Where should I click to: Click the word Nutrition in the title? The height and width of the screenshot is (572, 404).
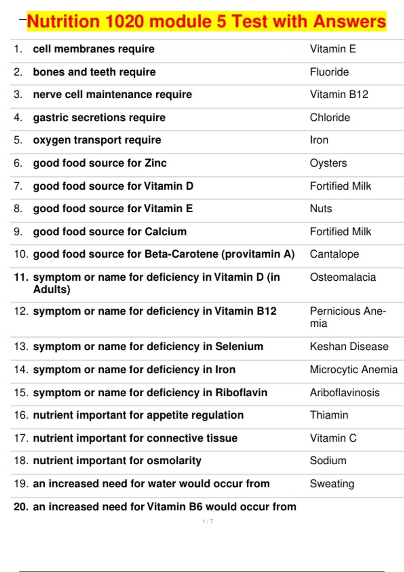point(64,22)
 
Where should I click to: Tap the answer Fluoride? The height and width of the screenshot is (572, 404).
point(329,72)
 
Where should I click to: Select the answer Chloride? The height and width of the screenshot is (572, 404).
point(330,117)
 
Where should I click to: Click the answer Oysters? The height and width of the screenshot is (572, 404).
point(328,163)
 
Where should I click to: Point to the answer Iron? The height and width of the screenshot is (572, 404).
point(319,140)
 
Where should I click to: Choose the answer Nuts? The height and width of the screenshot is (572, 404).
point(321,209)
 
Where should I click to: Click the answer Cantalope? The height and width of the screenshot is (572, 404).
point(334,254)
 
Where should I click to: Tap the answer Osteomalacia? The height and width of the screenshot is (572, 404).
point(343,277)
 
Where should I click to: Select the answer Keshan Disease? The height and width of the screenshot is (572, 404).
point(349,347)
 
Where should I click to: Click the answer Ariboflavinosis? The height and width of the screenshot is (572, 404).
point(345,393)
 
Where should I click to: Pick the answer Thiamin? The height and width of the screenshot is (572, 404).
point(329,415)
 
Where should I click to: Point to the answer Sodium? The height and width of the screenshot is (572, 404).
point(328,461)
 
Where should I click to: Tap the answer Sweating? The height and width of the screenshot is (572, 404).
point(332,484)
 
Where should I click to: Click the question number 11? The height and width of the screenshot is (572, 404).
point(21,277)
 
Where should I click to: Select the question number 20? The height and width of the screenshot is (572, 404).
point(21,507)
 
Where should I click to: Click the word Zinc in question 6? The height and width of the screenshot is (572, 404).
point(156,163)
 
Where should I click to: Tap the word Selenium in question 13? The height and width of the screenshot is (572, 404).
point(239,347)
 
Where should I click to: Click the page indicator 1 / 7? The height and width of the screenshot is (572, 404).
point(208,521)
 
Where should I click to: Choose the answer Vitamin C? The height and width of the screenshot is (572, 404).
point(333,438)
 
